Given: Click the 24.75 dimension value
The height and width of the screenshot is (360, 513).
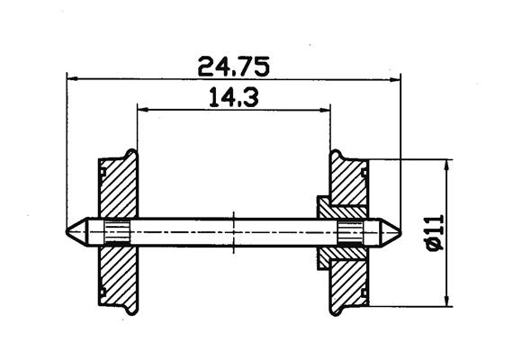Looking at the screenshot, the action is tap(234, 67).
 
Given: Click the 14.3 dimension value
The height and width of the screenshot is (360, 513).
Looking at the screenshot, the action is tap(234, 97).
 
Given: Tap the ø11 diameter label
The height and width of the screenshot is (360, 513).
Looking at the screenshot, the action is tap(436, 233).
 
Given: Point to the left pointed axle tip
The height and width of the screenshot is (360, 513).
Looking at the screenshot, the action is tap(67, 231).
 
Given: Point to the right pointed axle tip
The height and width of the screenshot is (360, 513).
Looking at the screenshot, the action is tap(400, 232).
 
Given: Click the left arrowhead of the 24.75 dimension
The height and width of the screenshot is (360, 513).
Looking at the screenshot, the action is tap(72, 79).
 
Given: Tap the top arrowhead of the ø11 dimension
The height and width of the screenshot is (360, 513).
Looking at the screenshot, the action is tap(446, 166).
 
